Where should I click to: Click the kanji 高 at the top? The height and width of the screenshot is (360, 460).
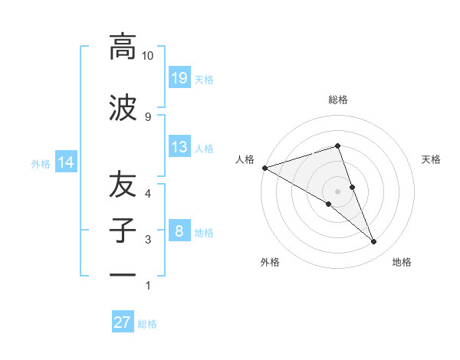click(123, 47)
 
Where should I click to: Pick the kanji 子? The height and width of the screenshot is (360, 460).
click(123, 231)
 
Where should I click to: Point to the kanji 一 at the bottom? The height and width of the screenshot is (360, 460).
click(123, 275)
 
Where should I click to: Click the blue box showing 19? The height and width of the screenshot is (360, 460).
click(179, 77)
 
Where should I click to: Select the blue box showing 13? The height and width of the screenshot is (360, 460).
click(179, 147)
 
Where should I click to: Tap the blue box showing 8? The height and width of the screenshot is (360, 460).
click(179, 231)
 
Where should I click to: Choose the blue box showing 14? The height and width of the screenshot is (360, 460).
click(66, 162)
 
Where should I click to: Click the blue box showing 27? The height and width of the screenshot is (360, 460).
click(123, 322)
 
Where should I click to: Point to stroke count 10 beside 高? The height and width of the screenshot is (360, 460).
click(148, 56)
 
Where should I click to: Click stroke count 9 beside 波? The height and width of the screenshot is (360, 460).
click(148, 116)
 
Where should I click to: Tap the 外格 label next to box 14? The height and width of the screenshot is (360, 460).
click(41, 163)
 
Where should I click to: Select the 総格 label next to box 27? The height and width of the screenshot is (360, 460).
click(147, 324)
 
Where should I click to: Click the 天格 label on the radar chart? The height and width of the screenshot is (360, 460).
click(432, 159)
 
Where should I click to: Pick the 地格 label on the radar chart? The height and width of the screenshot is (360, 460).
click(402, 262)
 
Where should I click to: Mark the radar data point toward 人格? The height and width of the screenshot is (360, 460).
click(264, 167)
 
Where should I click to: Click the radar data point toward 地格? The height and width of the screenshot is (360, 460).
click(373, 242)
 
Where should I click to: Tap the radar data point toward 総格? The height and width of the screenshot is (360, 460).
click(337, 146)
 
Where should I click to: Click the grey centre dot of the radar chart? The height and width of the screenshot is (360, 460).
click(337, 191)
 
